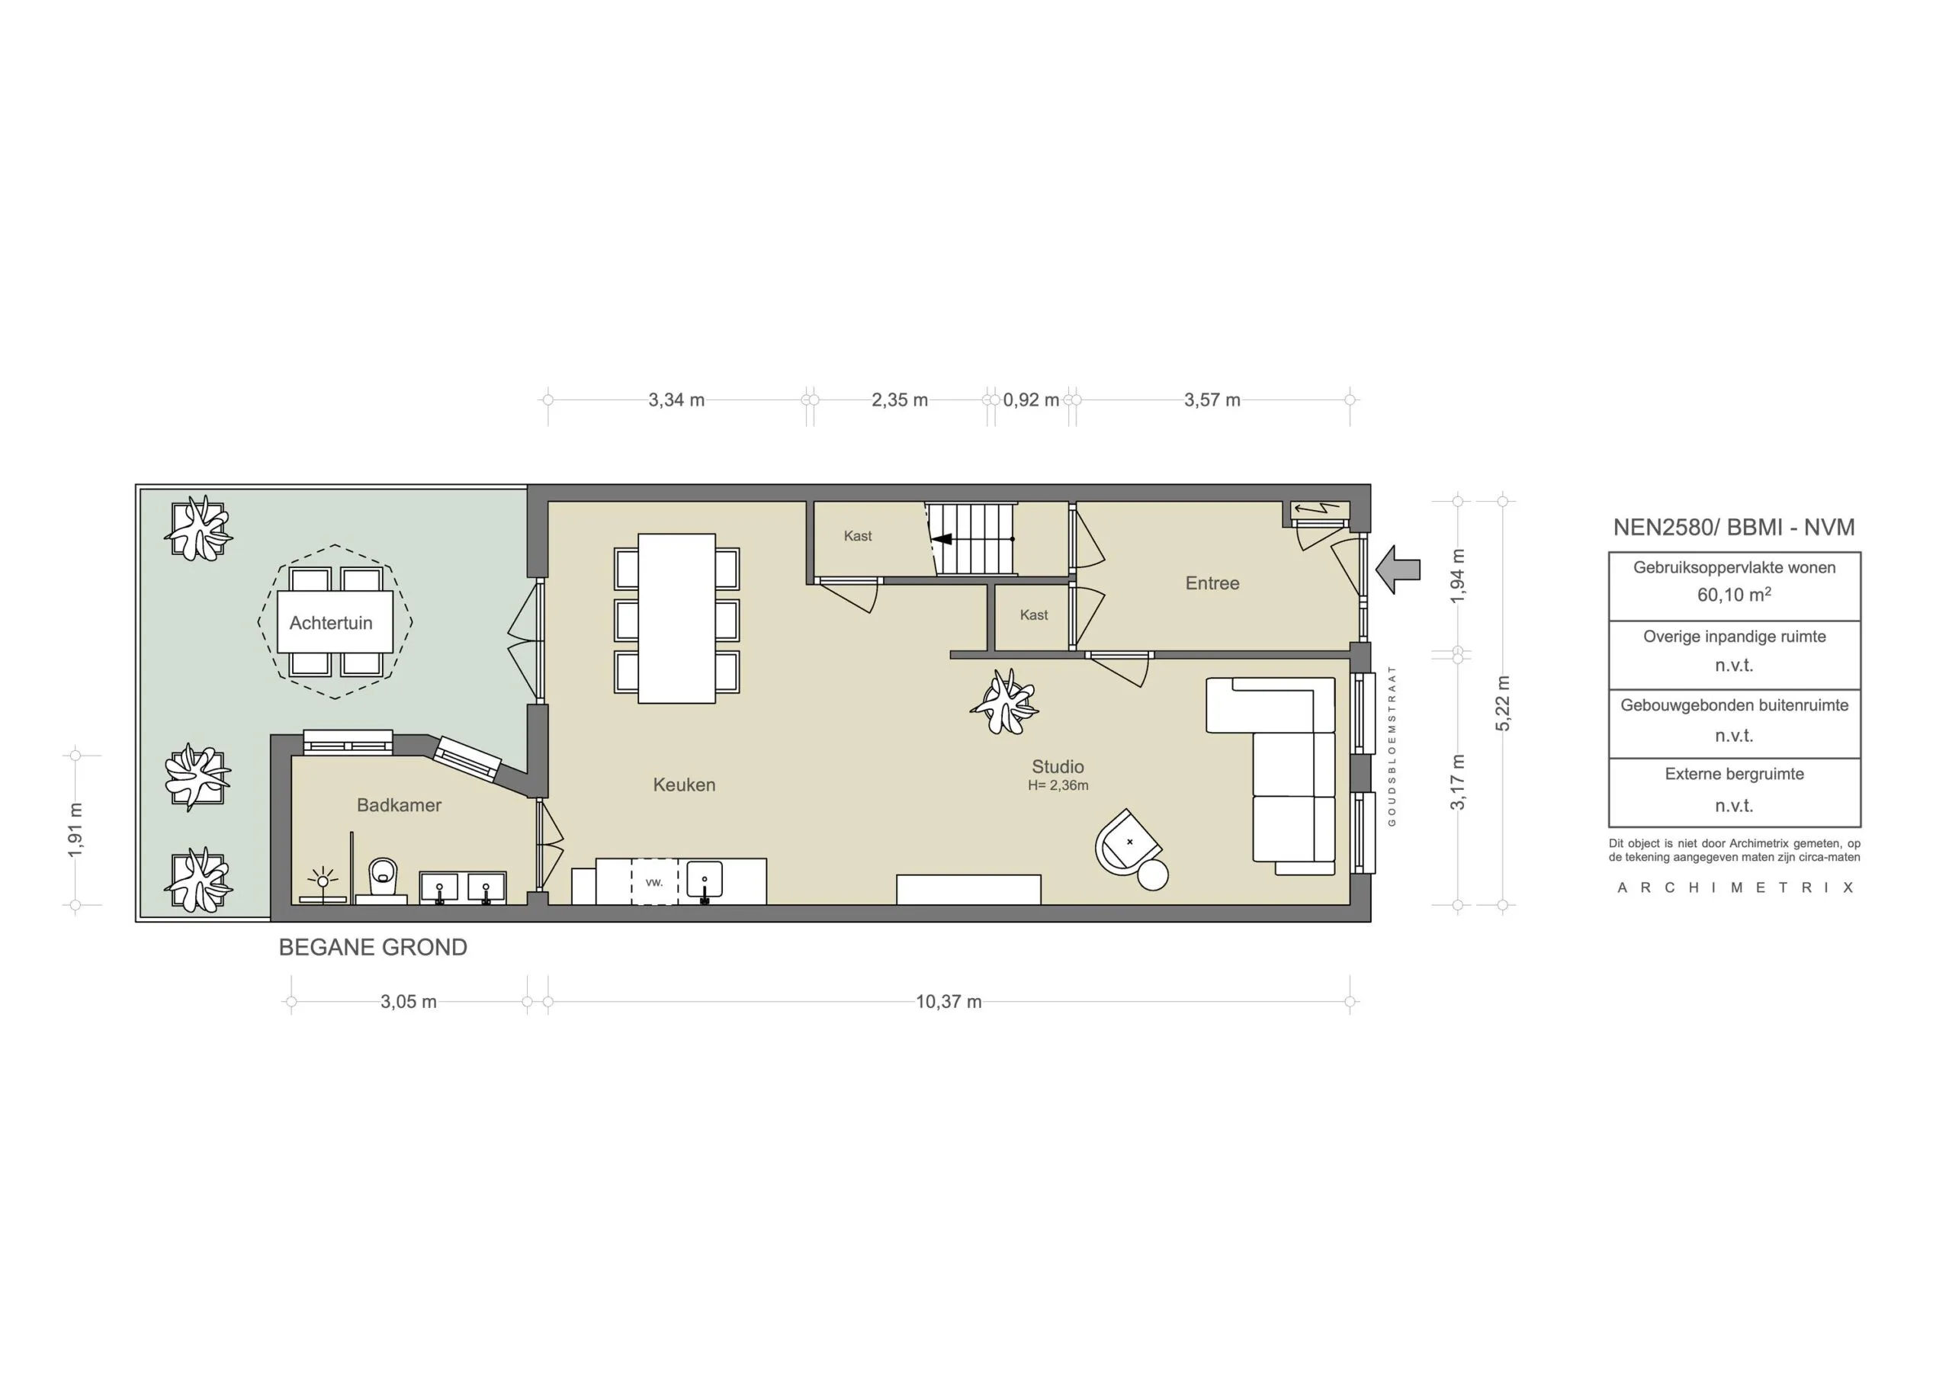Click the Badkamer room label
click(x=399, y=805)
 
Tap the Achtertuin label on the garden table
click(x=331, y=623)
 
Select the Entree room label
click(x=1212, y=583)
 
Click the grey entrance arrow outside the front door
click(x=1398, y=570)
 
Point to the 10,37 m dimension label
click(x=948, y=1002)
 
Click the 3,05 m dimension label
click(x=408, y=1002)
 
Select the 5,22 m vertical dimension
click(x=1503, y=703)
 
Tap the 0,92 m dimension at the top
click(x=1030, y=400)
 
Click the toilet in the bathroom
click(x=383, y=876)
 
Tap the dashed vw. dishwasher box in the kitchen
click(x=653, y=881)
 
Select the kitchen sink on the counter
click(x=704, y=881)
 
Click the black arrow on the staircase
click(x=942, y=539)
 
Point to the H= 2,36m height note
click(x=1058, y=785)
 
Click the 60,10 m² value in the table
click(x=1733, y=595)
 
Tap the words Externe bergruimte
click(x=1733, y=775)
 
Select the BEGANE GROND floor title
click(x=372, y=947)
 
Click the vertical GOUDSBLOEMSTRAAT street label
click(x=1392, y=746)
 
